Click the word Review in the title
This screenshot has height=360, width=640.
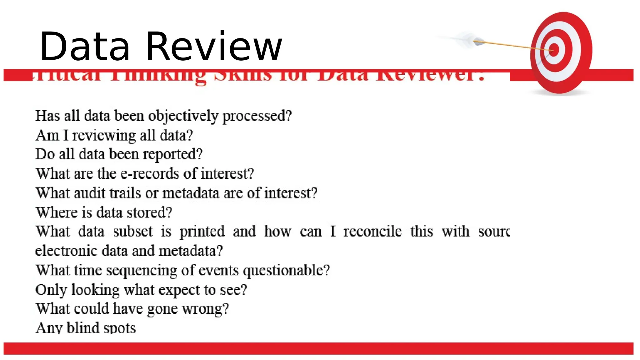214,47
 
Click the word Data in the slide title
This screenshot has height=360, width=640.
85,47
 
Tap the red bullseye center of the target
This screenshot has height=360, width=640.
554,50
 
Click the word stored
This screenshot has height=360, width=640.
149,212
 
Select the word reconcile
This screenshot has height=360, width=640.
372,232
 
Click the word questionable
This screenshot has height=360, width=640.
286,271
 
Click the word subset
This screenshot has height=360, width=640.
133,232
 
